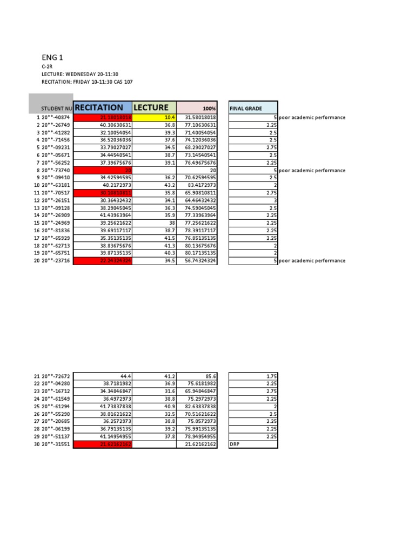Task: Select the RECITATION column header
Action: [102, 107]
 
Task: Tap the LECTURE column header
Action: [154, 107]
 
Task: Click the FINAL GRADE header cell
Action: [253, 108]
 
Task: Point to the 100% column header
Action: [197, 108]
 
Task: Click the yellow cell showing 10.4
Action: [155, 118]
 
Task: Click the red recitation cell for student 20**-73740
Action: [102, 171]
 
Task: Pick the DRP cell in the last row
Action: [253, 444]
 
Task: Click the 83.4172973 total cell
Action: [197, 185]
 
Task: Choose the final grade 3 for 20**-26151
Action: [253, 200]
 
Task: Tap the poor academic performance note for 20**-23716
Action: [312, 261]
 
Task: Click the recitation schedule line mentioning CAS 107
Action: [87, 82]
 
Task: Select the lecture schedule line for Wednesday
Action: [80, 74]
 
